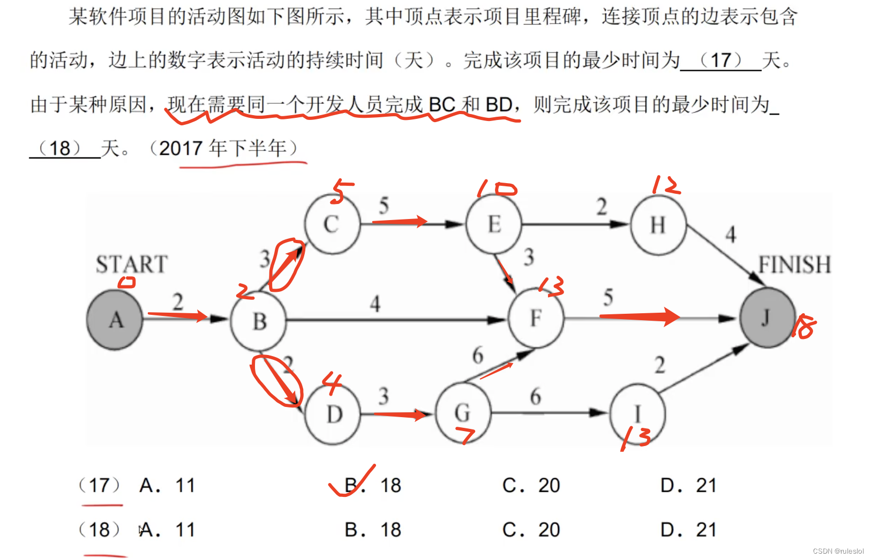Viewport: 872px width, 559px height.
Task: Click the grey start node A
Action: point(115,320)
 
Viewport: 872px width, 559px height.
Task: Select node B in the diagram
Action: point(259,321)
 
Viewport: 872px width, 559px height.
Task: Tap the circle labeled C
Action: point(332,224)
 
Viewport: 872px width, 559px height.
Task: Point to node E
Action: point(493,224)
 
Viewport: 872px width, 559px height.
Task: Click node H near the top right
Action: point(658,224)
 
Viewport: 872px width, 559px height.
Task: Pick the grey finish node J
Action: point(766,318)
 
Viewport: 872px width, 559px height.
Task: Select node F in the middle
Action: point(536,318)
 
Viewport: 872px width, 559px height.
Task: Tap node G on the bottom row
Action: point(463,413)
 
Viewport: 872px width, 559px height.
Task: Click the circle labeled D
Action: point(333,414)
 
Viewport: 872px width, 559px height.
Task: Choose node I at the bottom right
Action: point(637,414)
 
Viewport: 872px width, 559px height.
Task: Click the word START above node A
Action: point(132,264)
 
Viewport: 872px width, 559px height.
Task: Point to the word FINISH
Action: point(794,265)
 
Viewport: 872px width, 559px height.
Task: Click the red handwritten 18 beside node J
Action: point(804,327)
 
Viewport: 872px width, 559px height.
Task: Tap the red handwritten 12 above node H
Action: point(666,185)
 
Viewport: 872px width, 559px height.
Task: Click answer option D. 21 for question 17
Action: point(688,486)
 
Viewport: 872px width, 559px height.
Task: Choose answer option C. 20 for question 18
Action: point(531,530)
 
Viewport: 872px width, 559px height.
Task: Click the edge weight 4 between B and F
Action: point(375,304)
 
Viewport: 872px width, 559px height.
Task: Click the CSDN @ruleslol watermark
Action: point(838,551)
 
